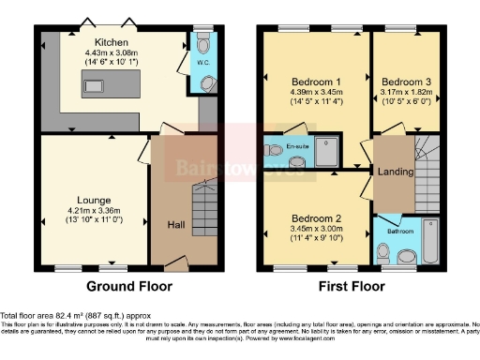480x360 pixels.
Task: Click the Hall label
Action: pos(176,225)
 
